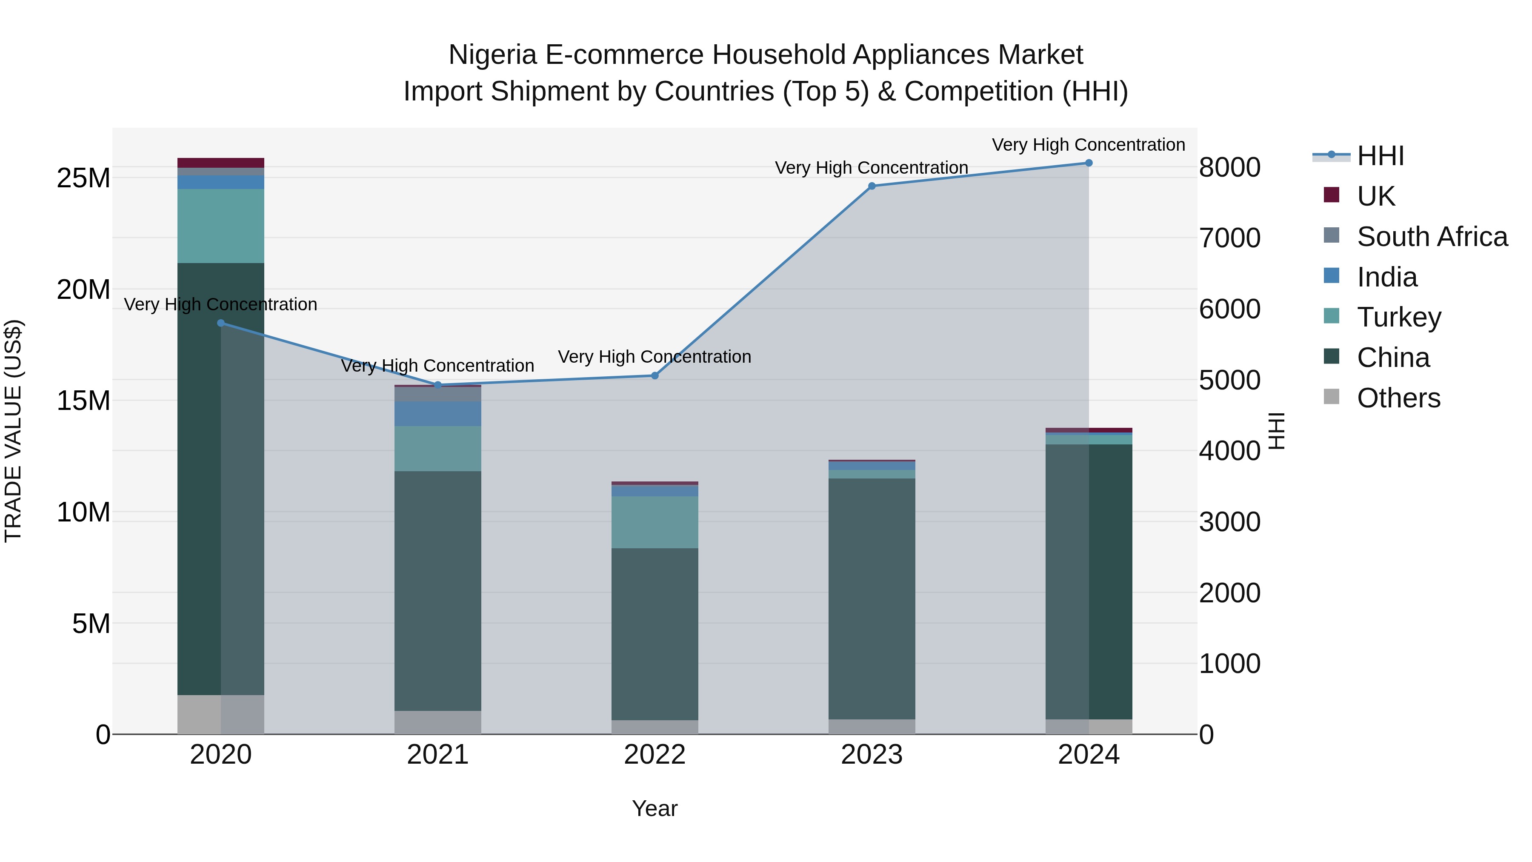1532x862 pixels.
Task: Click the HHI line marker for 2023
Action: (872, 186)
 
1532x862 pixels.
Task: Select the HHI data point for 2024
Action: (1089, 163)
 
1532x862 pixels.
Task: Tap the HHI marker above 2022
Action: (655, 375)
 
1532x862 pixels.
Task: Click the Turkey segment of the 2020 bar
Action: (220, 226)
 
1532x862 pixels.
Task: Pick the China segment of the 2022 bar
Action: (655, 633)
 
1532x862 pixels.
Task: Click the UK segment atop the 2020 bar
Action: (220, 163)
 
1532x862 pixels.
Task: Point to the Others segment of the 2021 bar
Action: (438, 722)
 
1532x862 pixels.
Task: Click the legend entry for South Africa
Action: (1432, 237)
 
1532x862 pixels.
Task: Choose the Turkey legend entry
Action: (1399, 317)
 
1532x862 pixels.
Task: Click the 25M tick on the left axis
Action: (83, 178)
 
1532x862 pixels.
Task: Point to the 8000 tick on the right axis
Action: (1229, 168)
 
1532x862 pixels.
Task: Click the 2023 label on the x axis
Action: (872, 755)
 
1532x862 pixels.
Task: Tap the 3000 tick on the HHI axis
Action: (1229, 522)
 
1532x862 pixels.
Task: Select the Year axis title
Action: (655, 808)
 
